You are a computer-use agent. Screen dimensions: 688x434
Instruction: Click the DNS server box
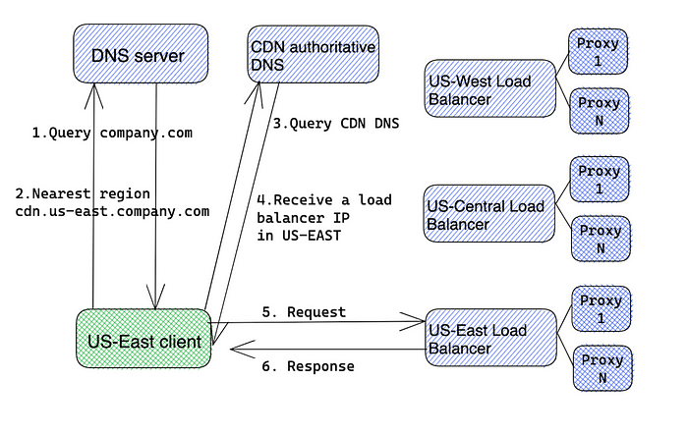(x=141, y=53)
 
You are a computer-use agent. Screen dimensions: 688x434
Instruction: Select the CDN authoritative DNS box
(x=313, y=54)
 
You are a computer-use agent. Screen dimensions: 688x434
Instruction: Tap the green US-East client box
(x=143, y=339)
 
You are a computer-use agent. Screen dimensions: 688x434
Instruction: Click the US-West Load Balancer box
(x=490, y=88)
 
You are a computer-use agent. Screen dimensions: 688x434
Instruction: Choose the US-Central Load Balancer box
(x=489, y=213)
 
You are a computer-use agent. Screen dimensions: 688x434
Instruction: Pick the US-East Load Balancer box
(x=491, y=337)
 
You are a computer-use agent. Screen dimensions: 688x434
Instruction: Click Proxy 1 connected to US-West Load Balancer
(x=598, y=51)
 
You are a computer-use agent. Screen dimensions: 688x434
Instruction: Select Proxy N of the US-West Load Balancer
(x=600, y=111)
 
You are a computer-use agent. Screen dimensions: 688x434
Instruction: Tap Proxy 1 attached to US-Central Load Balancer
(x=600, y=180)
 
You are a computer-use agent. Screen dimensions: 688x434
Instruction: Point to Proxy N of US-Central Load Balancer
(x=601, y=239)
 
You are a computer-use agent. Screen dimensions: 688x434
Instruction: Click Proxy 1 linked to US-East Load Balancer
(x=602, y=309)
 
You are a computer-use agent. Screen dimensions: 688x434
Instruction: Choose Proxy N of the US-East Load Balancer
(x=602, y=368)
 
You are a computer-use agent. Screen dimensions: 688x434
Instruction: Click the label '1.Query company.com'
(x=112, y=133)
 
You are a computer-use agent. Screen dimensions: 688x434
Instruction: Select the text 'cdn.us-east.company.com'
(x=112, y=211)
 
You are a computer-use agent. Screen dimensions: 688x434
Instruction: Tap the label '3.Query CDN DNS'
(x=336, y=124)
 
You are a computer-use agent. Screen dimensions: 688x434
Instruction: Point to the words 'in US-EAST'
(x=299, y=236)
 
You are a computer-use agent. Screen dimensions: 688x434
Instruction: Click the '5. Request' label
(x=304, y=312)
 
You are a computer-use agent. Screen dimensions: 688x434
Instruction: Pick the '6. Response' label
(x=308, y=366)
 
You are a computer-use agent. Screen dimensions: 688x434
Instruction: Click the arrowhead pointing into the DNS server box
(x=93, y=94)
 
